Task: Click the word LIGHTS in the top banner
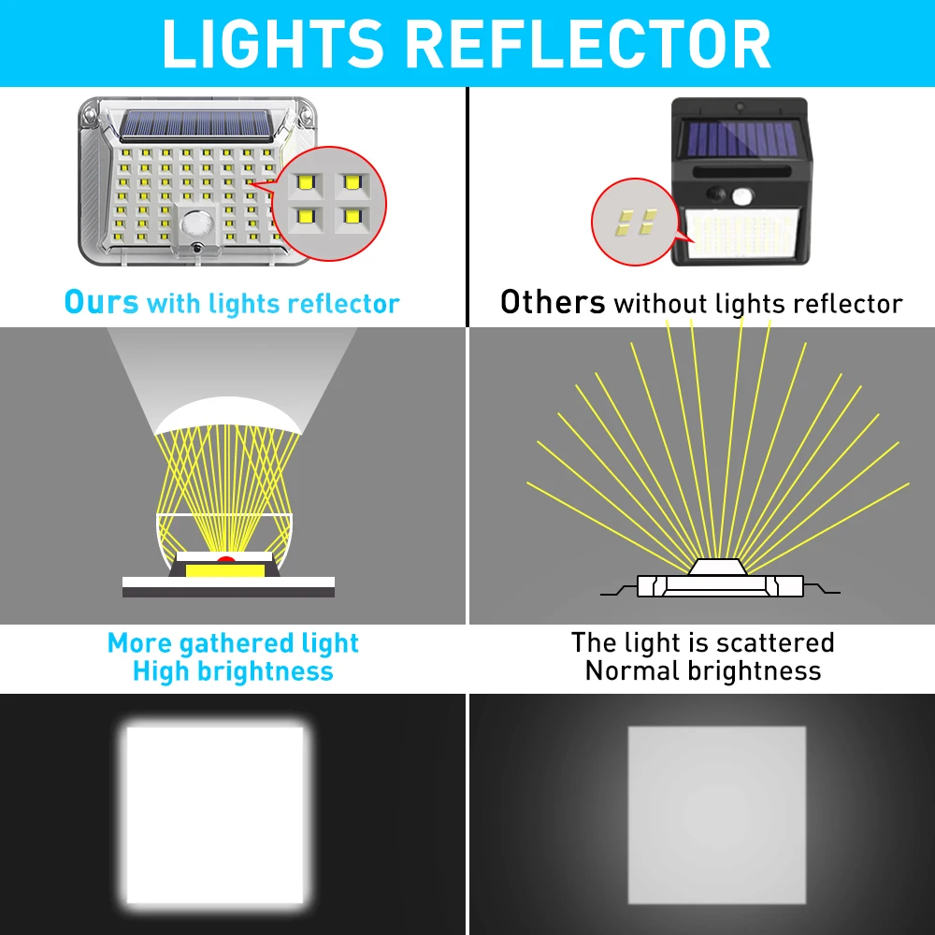point(272,44)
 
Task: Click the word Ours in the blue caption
point(101,302)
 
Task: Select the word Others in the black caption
point(553,302)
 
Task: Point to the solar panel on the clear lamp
point(196,125)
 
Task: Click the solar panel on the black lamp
point(741,138)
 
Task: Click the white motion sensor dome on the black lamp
point(742,195)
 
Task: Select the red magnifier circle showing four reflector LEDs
point(328,203)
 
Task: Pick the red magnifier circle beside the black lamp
point(636,222)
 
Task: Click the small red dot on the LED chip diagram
point(225,559)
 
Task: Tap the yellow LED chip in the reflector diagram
point(225,570)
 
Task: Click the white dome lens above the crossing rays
point(227,414)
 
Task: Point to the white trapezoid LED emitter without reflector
point(718,567)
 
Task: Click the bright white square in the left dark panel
point(215,815)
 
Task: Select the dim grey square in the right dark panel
point(717,815)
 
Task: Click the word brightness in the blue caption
point(266,671)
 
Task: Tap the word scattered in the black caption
point(775,643)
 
